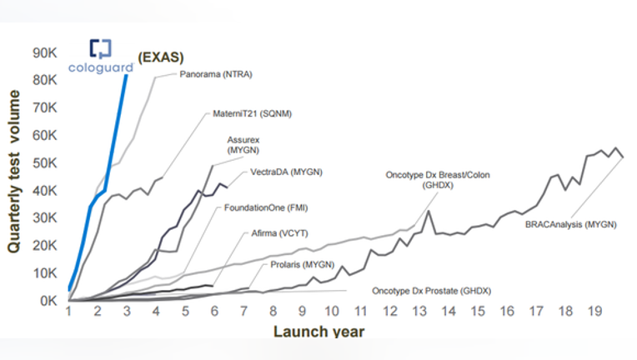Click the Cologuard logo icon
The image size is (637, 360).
(100, 49)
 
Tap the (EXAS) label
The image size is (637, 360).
(161, 57)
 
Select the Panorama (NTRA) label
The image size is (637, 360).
(216, 74)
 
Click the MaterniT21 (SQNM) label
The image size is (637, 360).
(253, 113)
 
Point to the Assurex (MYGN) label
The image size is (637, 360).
(243, 145)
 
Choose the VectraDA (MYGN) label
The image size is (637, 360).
(287, 172)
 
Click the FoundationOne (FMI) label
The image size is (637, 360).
(266, 207)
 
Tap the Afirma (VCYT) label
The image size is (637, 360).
(279, 233)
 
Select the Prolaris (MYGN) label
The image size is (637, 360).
(303, 265)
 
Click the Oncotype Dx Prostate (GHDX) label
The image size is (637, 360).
(431, 291)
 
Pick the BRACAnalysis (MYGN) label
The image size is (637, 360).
(571, 224)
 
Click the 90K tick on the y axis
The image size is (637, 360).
(45, 52)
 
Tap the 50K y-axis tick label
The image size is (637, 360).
(45, 162)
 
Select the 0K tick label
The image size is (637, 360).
(48, 301)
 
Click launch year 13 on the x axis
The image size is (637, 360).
(419, 312)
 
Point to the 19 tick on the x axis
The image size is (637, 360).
(594, 312)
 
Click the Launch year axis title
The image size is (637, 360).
(318, 331)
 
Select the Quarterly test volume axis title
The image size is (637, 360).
(13, 172)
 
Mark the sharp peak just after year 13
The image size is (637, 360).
(429, 211)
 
